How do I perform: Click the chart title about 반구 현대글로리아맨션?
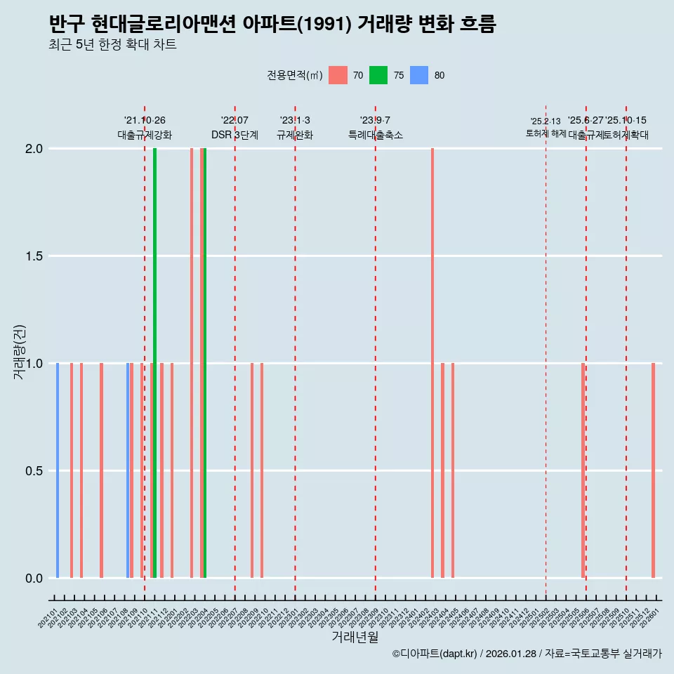coord(272,25)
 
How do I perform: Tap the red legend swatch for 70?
coord(338,75)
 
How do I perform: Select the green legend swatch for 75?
coord(378,75)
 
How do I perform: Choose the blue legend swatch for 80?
coord(419,75)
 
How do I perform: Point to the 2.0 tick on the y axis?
coord(34,149)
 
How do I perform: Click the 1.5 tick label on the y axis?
coord(34,256)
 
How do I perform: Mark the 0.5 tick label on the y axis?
coord(34,471)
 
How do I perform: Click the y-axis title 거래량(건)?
coord(20,352)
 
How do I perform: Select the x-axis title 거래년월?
coord(355,637)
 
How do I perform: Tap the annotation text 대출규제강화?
coord(145,135)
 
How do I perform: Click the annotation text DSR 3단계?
coord(234,135)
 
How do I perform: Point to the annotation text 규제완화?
coord(295,135)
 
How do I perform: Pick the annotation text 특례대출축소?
coord(376,135)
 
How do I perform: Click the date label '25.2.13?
coord(546,121)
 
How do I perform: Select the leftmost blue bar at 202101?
coord(58,470)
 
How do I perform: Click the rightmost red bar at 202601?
coord(653,470)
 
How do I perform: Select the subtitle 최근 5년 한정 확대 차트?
coord(112,45)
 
